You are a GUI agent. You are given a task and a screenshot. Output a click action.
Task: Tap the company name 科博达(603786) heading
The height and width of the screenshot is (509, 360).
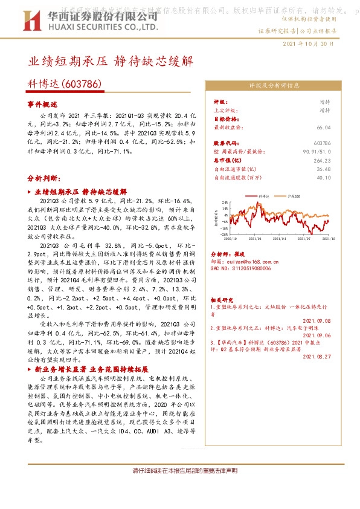click(64, 85)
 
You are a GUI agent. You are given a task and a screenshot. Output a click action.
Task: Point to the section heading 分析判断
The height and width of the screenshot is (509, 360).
click(44, 180)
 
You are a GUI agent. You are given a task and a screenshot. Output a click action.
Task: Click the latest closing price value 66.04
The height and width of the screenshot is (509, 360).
click(323, 128)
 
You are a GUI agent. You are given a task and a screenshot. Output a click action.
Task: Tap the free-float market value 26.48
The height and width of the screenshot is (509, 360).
click(323, 169)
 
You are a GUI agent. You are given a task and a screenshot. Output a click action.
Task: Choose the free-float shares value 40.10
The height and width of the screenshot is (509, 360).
click(323, 178)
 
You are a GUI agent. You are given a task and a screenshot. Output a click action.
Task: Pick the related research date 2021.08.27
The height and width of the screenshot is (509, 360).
click(315, 357)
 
